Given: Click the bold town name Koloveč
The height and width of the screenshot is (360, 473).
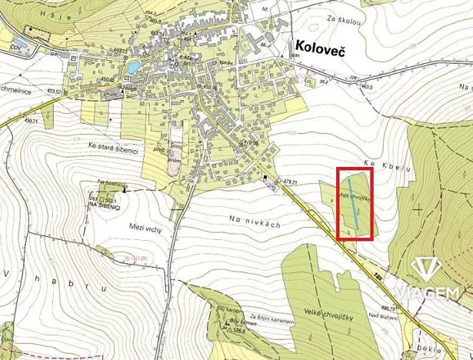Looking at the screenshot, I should coord(321,47).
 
